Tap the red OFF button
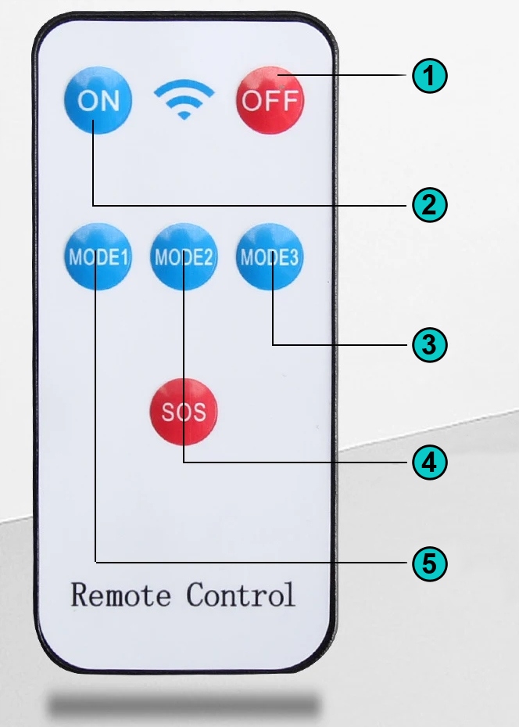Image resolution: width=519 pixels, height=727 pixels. pos(270,100)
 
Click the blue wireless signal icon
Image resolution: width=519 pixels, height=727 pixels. pos(184,99)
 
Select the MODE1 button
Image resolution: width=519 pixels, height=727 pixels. pos(97,257)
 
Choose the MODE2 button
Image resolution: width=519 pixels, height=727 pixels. pos(184,257)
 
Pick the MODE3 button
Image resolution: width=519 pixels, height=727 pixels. pos(270,257)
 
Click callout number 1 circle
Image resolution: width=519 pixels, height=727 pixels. pos(429,76)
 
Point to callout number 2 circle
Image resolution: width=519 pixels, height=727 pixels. pos(429,205)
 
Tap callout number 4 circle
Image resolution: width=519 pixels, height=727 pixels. pos(429,462)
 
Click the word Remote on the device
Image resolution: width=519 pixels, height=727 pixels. pos(120,595)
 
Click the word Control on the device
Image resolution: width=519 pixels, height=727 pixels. pos(241,595)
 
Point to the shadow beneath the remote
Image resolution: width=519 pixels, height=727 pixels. pos(184,704)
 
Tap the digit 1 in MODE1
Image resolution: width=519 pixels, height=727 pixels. pos(124,257)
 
